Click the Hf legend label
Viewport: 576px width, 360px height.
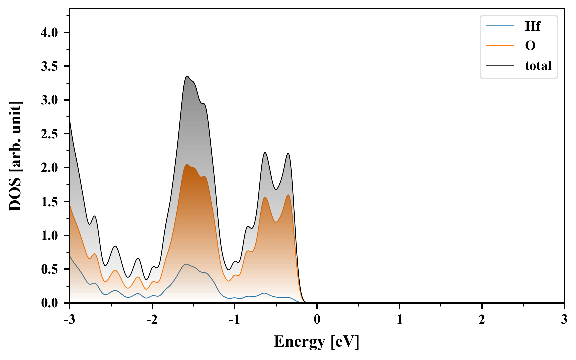tap(532, 26)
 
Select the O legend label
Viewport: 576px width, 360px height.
tap(530, 45)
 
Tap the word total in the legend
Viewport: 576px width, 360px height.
tap(538, 65)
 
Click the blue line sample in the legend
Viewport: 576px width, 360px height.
tap(500, 26)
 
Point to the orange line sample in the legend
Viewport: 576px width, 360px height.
tap(500, 45)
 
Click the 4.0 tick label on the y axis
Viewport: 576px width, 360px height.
tap(49, 33)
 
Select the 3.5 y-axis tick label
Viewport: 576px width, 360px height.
tap(49, 67)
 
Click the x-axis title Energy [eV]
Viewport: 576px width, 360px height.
tap(317, 342)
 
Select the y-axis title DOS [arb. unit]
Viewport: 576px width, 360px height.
tap(15, 156)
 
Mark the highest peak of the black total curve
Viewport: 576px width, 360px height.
tap(187, 76)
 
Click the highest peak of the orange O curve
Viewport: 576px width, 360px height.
tap(187, 165)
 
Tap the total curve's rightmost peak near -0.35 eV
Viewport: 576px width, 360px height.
tap(288, 153)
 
